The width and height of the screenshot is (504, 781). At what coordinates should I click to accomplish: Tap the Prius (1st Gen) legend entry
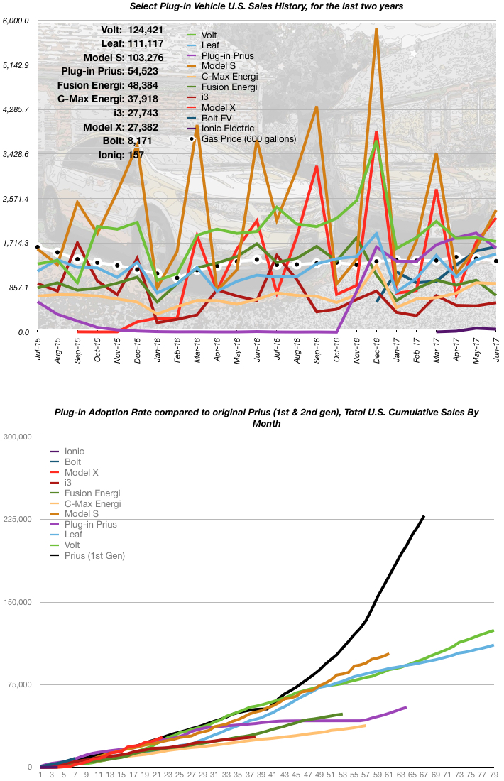[x=94, y=556]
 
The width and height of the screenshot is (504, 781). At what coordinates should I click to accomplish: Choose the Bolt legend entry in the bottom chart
[x=73, y=461]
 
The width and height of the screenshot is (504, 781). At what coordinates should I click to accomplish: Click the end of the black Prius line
[x=424, y=516]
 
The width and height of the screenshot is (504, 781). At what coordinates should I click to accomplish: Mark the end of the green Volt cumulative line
[x=493, y=630]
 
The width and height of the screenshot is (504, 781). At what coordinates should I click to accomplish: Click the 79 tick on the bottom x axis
[x=492, y=775]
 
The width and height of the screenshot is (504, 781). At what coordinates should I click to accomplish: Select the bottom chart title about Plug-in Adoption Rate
[x=267, y=417]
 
